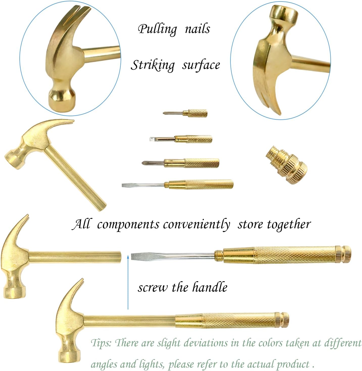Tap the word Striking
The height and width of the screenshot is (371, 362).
tap(153, 65)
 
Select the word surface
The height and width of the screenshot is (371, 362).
tap(201, 65)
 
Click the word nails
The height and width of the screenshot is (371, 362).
tap(198, 29)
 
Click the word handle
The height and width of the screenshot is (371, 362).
tap(210, 287)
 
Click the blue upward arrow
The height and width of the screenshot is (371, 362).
tap(128, 282)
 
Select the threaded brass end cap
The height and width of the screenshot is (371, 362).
tap(287, 164)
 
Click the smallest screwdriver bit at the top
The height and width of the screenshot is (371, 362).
tap(185, 113)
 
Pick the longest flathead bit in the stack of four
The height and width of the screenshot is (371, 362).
tap(177, 184)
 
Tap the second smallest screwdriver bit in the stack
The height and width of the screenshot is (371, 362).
tap(181, 139)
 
